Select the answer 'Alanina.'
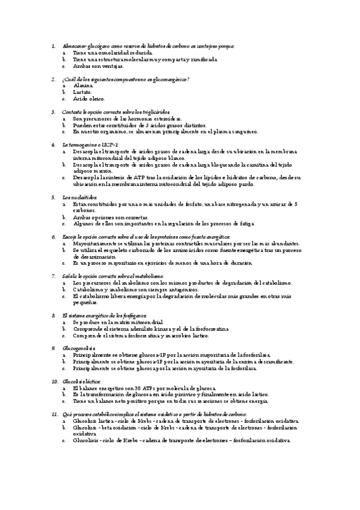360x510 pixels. click(x=83, y=86)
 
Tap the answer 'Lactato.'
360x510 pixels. click(x=83, y=93)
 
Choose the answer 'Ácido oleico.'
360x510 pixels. click(x=89, y=99)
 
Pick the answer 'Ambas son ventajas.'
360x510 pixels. click(x=98, y=66)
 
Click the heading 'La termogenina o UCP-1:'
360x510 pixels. click(x=91, y=145)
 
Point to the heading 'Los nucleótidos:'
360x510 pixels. click(x=80, y=198)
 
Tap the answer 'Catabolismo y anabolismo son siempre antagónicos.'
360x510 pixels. click(x=136, y=289)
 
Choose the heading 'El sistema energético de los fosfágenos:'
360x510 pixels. click(x=104, y=316)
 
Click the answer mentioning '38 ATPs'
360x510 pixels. click(x=148, y=388)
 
